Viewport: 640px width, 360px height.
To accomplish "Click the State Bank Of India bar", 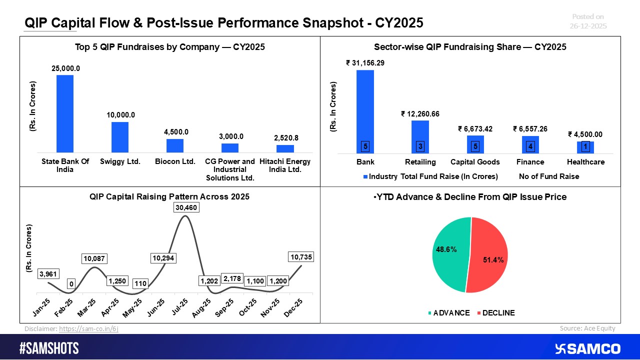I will pyautogui.click(x=65, y=113).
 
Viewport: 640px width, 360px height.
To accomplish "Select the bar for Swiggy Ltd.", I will pyautogui.click(x=120, y=137).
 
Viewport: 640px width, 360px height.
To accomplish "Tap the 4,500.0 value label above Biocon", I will pyautogui.click(x=175, y=132).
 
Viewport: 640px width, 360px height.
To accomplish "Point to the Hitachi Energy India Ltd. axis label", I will pyautogui.click(x=285, y=165).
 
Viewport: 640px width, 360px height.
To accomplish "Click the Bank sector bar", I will pyautogui.click(x=365, y=111).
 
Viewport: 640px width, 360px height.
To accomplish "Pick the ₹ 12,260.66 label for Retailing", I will pyautogui.click(x=420, y=113).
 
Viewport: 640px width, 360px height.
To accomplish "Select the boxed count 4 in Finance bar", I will pyautogui.click(x=530, y=146).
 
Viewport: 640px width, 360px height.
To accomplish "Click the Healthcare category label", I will pyautogui.click(x=585, y=162).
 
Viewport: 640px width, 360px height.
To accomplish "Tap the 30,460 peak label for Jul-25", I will pyautogui.click(x=186, y=207).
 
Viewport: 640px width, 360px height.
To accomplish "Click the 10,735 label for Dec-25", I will pyautogui.click(x=301, y=257).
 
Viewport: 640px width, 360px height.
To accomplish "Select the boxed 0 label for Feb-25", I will pyautogui.click(x=71, y=284).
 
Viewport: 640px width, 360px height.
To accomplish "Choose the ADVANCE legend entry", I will pyautogui.click(x=449, y=313).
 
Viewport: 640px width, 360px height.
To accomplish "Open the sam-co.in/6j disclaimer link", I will pyautogui.click(x=88, y=328).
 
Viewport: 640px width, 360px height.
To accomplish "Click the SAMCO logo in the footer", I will pyautogui.click(x=587, y=348).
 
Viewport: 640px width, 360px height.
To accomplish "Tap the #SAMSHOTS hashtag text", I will pyautogui.click(x=49, y=348).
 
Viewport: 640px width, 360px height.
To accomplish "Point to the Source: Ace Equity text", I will pyautogui.click(x=587, y=328).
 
